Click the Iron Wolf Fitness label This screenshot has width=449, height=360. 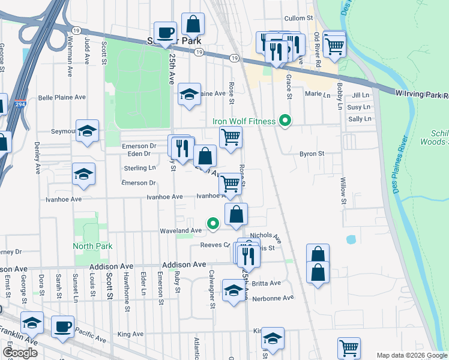pos(244,121)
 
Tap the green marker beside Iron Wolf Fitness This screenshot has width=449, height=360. pos(286,121)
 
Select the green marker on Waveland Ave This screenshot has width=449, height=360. pos(212,224)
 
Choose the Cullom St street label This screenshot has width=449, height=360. pos(300,19)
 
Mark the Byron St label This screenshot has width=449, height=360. pos(312,154)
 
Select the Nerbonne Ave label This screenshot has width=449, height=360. pos(273,298)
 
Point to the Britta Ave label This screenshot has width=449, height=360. pos(267,283)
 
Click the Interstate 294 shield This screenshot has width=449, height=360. pos(20,104)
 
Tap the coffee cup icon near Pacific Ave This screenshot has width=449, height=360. pos(62,327)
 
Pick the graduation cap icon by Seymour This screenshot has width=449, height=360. pos(88,131)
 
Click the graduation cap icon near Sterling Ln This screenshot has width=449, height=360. pos(83,174)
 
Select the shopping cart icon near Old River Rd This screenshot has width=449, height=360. pos(334,43)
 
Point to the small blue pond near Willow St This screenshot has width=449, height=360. pos(351,239)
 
